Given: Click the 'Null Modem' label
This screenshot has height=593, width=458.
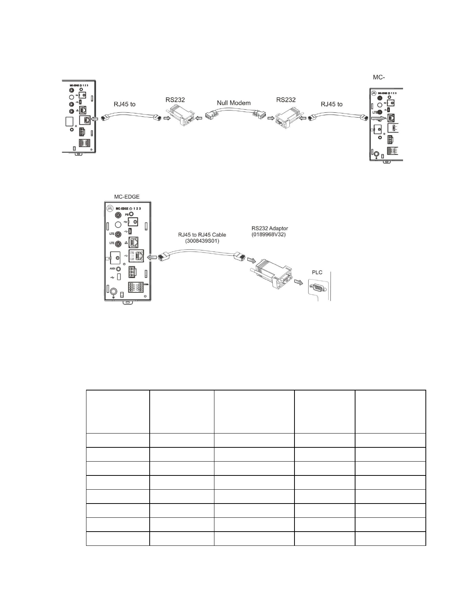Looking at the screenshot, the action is click(233, 103).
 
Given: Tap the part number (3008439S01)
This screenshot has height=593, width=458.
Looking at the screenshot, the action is click(202, 241).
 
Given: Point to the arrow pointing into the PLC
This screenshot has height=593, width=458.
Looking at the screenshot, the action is click(299, 282).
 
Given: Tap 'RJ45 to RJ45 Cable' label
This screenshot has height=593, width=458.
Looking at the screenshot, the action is click(202, 235).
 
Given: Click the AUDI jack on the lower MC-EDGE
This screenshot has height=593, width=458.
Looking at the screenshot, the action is click(119, 269).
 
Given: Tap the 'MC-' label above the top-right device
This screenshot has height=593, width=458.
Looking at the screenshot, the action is click(379, 77).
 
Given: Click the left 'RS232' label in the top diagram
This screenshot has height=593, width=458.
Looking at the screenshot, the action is click(175, 100).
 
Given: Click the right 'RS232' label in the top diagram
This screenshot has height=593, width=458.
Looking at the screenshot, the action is click(286, 100).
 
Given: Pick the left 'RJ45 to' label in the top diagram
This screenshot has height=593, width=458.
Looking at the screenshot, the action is click(125, 104).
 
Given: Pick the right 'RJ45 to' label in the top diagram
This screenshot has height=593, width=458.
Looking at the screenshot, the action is click(332, 104).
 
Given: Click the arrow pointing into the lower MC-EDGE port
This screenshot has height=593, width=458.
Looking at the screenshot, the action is click(152, 258).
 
